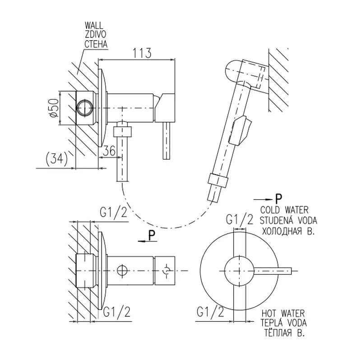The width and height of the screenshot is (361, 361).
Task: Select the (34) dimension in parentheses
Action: (56, 158)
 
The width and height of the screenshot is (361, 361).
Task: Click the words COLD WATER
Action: (284, 210)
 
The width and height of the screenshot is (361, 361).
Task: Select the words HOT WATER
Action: (283, 313)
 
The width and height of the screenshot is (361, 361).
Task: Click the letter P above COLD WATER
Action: (278, 198)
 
